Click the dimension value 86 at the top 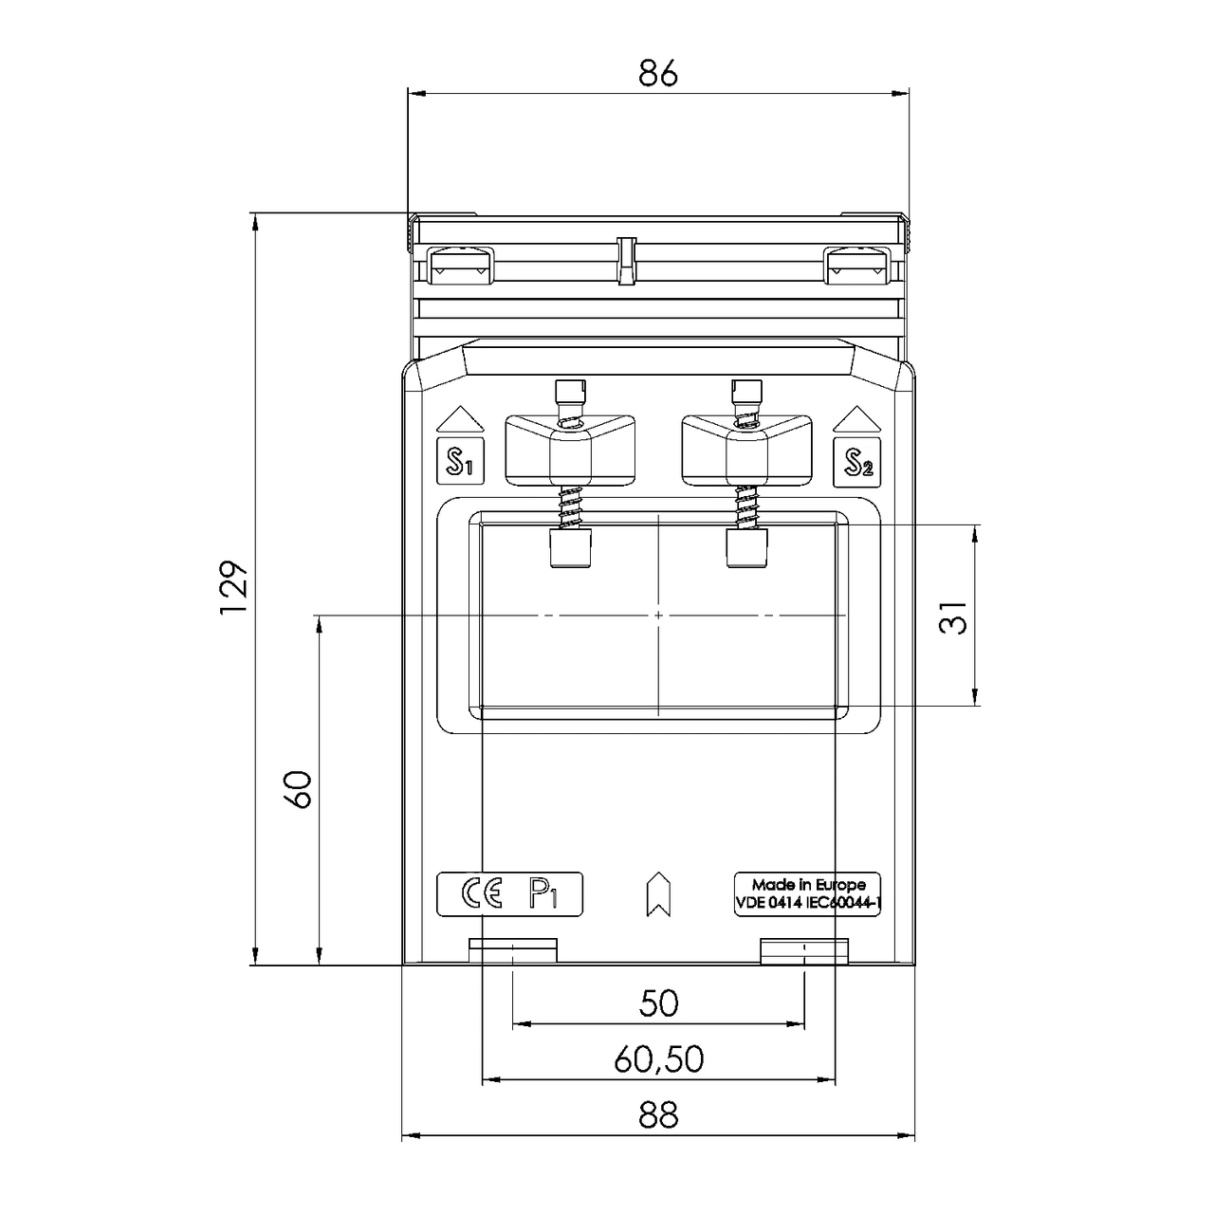pyautogui.click(x=658, y=73)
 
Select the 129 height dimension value pyautogui.click(x=234, y=588)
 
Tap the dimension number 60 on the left pyautogui.click(x=299, y=789)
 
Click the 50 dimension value pyautogui.click(x=658, y=1003)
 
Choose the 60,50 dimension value pyautogui.click(x=658, y=1059)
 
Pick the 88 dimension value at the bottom pyautogui.click(x=658, y=1115)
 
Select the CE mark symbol pyautogui.click(x=481, y=893)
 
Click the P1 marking pyautogui.click(x=543, y=893)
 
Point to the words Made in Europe pyautogui.click(x=808, y=885)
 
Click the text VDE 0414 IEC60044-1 pyautogui.click(x=808, y=904)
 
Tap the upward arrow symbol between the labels pyautogui.click(x=657, y=893)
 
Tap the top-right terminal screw pyautogui.click(x=857, y=265)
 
